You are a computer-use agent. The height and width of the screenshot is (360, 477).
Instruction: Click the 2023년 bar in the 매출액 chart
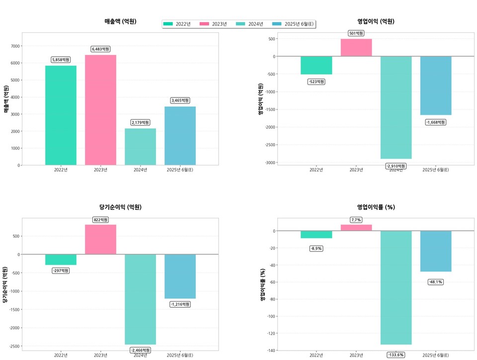pos(100,110)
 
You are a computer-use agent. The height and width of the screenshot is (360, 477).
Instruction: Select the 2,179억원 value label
pos(140,122)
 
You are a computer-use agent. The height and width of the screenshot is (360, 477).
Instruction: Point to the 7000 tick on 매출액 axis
pos(15,46)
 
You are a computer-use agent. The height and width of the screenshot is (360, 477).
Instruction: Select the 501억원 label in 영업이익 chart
pos(356,33)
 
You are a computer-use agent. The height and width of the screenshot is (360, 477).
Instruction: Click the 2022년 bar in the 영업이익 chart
pos(317,65)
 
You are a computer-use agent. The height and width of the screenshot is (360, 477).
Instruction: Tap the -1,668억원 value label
pos(436,122)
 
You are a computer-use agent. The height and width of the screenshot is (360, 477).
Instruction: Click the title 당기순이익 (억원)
pos(120,207)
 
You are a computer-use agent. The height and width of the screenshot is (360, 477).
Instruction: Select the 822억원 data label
pos(100,220)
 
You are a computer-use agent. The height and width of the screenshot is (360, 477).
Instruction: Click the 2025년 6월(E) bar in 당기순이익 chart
pos(180,276)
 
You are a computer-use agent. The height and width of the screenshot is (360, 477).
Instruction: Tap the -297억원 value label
pos(61,270)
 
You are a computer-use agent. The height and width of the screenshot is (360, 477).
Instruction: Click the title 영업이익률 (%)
pos(376,207)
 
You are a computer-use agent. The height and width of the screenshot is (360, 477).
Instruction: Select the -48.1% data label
pos(436,282)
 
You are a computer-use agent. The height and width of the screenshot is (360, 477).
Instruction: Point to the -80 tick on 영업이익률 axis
pos(270,299)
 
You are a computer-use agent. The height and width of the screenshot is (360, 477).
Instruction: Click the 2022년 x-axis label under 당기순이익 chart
pos(61,355)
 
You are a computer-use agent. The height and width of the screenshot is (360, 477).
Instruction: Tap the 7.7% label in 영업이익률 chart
pos(356,220)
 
